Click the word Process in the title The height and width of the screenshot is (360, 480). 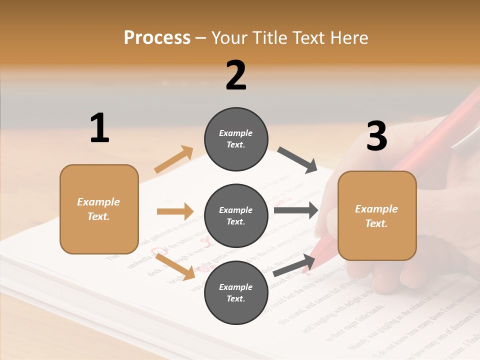[x=157, y=38]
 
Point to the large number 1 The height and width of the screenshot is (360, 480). [x=99, y=128]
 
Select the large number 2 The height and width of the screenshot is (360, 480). [x=236, y=75]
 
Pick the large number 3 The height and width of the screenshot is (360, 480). [x=376, y=136]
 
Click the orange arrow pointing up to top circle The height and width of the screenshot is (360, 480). [x=174, y=159]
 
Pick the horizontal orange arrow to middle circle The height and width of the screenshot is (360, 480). [x=175, y=211]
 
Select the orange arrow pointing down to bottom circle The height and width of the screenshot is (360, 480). [x=175, y=266]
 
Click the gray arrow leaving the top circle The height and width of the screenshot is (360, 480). [x=297, y=160]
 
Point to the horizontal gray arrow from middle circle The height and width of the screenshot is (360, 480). [x=295, y=210]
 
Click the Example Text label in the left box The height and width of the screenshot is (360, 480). [x=98, y=209]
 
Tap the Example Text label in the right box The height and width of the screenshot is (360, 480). [x=376, y=216]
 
